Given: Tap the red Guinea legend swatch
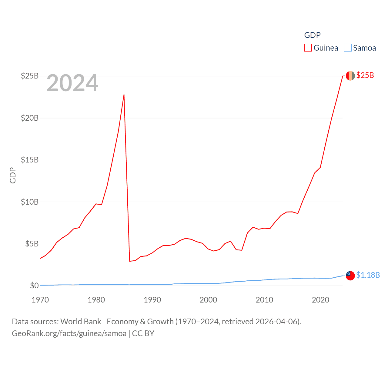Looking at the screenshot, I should (308, 48).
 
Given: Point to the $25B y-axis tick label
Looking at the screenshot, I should (30, 76).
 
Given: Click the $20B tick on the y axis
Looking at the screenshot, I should (30, 118).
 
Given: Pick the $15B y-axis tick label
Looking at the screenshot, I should (30, 160).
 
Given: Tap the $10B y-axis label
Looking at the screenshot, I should (30, 202).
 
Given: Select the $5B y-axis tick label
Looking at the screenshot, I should (32, 244).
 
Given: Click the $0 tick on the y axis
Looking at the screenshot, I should (34, 286).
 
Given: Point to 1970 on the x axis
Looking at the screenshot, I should (40, 300).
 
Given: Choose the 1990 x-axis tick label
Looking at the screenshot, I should (152, 300).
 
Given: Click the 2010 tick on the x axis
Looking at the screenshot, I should (264, 300).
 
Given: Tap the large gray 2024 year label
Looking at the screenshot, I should (72, 83).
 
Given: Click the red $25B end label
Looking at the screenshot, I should (365, 75).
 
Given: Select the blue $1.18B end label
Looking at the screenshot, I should (368, 275).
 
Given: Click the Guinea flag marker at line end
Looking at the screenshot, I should (350, 76).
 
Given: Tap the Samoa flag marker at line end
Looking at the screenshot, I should (350, 276).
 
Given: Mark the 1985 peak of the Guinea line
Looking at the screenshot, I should (124, 95).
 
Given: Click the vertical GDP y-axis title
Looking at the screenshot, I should (13, 175).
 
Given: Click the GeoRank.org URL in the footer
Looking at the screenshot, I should (69, 333).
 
